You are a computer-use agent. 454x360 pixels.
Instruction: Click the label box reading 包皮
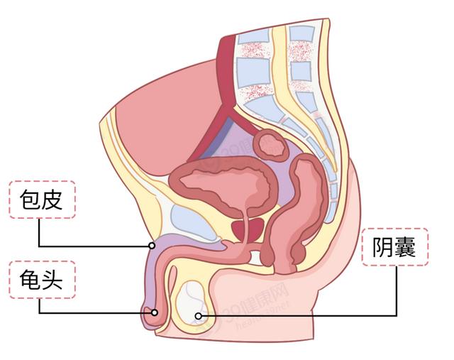(43, 200)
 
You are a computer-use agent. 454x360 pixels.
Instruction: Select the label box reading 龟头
(43, 280)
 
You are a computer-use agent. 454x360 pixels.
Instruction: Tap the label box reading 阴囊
(395, 247)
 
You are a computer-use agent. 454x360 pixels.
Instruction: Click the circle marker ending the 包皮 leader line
(151, 246)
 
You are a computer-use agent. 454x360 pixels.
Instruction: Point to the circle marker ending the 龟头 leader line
(155, 312)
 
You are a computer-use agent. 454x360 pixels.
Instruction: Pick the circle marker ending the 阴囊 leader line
(198, 316)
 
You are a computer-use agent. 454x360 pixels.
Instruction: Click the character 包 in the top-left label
(30, 200)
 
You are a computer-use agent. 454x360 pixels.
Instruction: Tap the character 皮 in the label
(52, 200)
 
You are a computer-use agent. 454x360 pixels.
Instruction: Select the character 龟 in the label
(30, 280)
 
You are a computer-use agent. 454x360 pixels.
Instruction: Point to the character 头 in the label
(52, 280)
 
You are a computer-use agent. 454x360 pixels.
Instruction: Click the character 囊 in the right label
(405, 247)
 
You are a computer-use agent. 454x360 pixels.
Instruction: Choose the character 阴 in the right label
(383, 247)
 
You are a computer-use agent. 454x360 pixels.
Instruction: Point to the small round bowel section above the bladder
(271, 146)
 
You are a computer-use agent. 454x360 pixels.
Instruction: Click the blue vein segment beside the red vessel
(218, 138)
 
